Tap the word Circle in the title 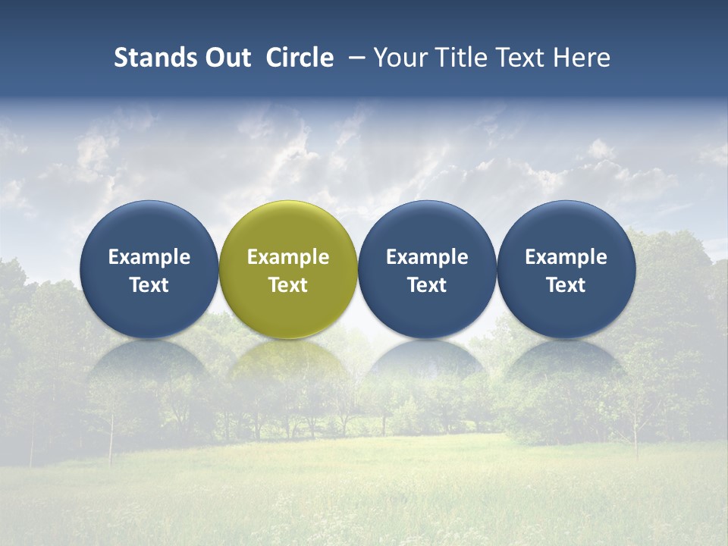300,58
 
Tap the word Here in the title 582,58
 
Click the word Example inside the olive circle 288,257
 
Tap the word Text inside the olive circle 288,285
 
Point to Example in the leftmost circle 149,257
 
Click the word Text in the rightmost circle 566,285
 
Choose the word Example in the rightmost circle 566,257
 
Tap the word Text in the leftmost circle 149,285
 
